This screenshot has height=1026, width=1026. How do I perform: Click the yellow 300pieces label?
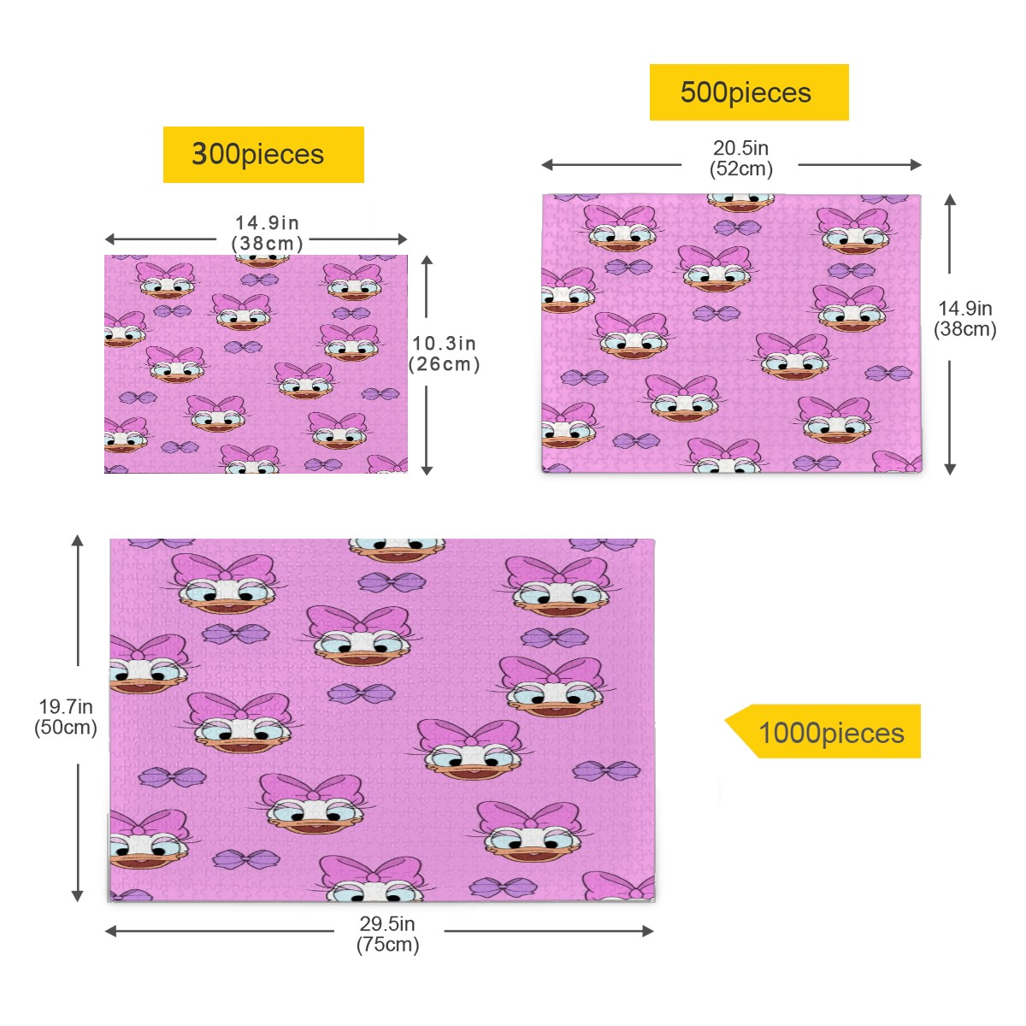click(x=263, y=155)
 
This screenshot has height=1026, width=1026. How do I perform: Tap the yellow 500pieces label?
click(x=749, y=92)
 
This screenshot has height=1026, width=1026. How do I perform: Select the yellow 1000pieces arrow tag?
click(x=823, y=731)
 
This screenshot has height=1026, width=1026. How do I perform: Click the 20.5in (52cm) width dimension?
click(x=740, y=158)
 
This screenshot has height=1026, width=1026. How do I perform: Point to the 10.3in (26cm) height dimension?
click(x=444, y=353)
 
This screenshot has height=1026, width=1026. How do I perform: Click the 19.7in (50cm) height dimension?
click(x=66, y=716)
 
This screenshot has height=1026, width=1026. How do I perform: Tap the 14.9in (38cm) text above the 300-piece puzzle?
click(x=267, y=233)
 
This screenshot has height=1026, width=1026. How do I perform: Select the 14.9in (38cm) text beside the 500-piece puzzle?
click(x=964, y=318)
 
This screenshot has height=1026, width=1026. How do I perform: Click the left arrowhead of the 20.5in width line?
click(x=546, y=165)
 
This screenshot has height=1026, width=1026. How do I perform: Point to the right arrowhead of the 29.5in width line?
click(x=648, y=931)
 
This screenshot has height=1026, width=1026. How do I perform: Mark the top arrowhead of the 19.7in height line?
click(x=78, y=540)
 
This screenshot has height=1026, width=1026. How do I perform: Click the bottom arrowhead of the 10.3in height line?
click(x=427, y=470)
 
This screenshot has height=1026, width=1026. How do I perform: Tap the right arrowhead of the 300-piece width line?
click(x=403, y=239)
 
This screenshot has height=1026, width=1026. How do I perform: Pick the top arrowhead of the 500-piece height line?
click(x=951, y=200)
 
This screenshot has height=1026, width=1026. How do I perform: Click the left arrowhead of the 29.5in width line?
click(x=110, y=931)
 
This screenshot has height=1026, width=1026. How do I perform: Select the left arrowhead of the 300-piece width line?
click(x=109, y=239)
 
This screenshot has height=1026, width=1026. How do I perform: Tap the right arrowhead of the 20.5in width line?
click(x=916, y=165)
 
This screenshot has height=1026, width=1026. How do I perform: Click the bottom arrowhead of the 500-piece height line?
click(x=951, y=469)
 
